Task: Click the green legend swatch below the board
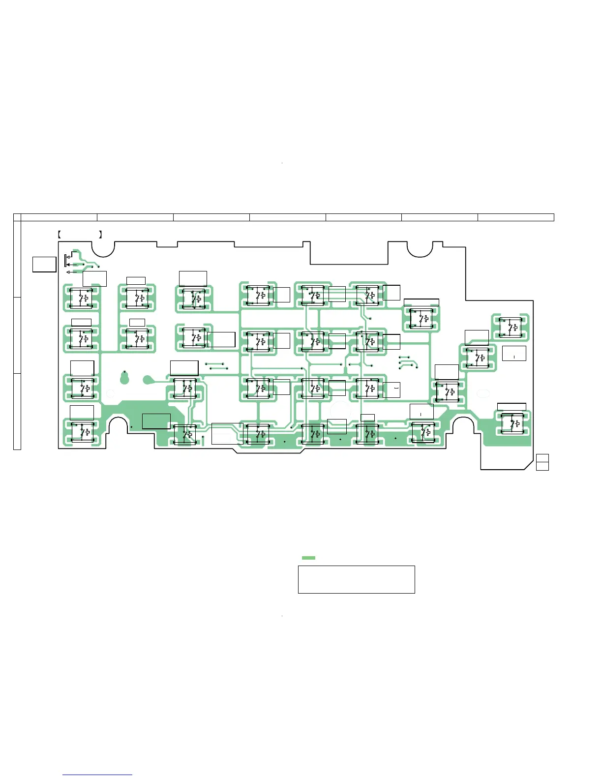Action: tap(308, 558)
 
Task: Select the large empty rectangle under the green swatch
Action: tap(356, 579)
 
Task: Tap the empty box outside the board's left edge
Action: tap(44, 264)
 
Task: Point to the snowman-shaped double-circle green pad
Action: tap(124, 377)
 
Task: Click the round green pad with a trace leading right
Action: tap(147, 379)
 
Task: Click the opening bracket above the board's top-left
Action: tap(59, 235)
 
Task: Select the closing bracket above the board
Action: tap(100, 235)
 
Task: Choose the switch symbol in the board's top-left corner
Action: tap(82, 298)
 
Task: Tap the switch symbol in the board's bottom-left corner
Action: tap(82, 431)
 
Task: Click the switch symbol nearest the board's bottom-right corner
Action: tap(513, 423)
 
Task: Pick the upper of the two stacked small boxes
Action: tap(542, 458)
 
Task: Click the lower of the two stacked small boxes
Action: tap(542, 466)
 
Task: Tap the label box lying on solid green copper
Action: tap(156, 421)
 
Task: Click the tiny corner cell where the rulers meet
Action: tap(17, 217)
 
